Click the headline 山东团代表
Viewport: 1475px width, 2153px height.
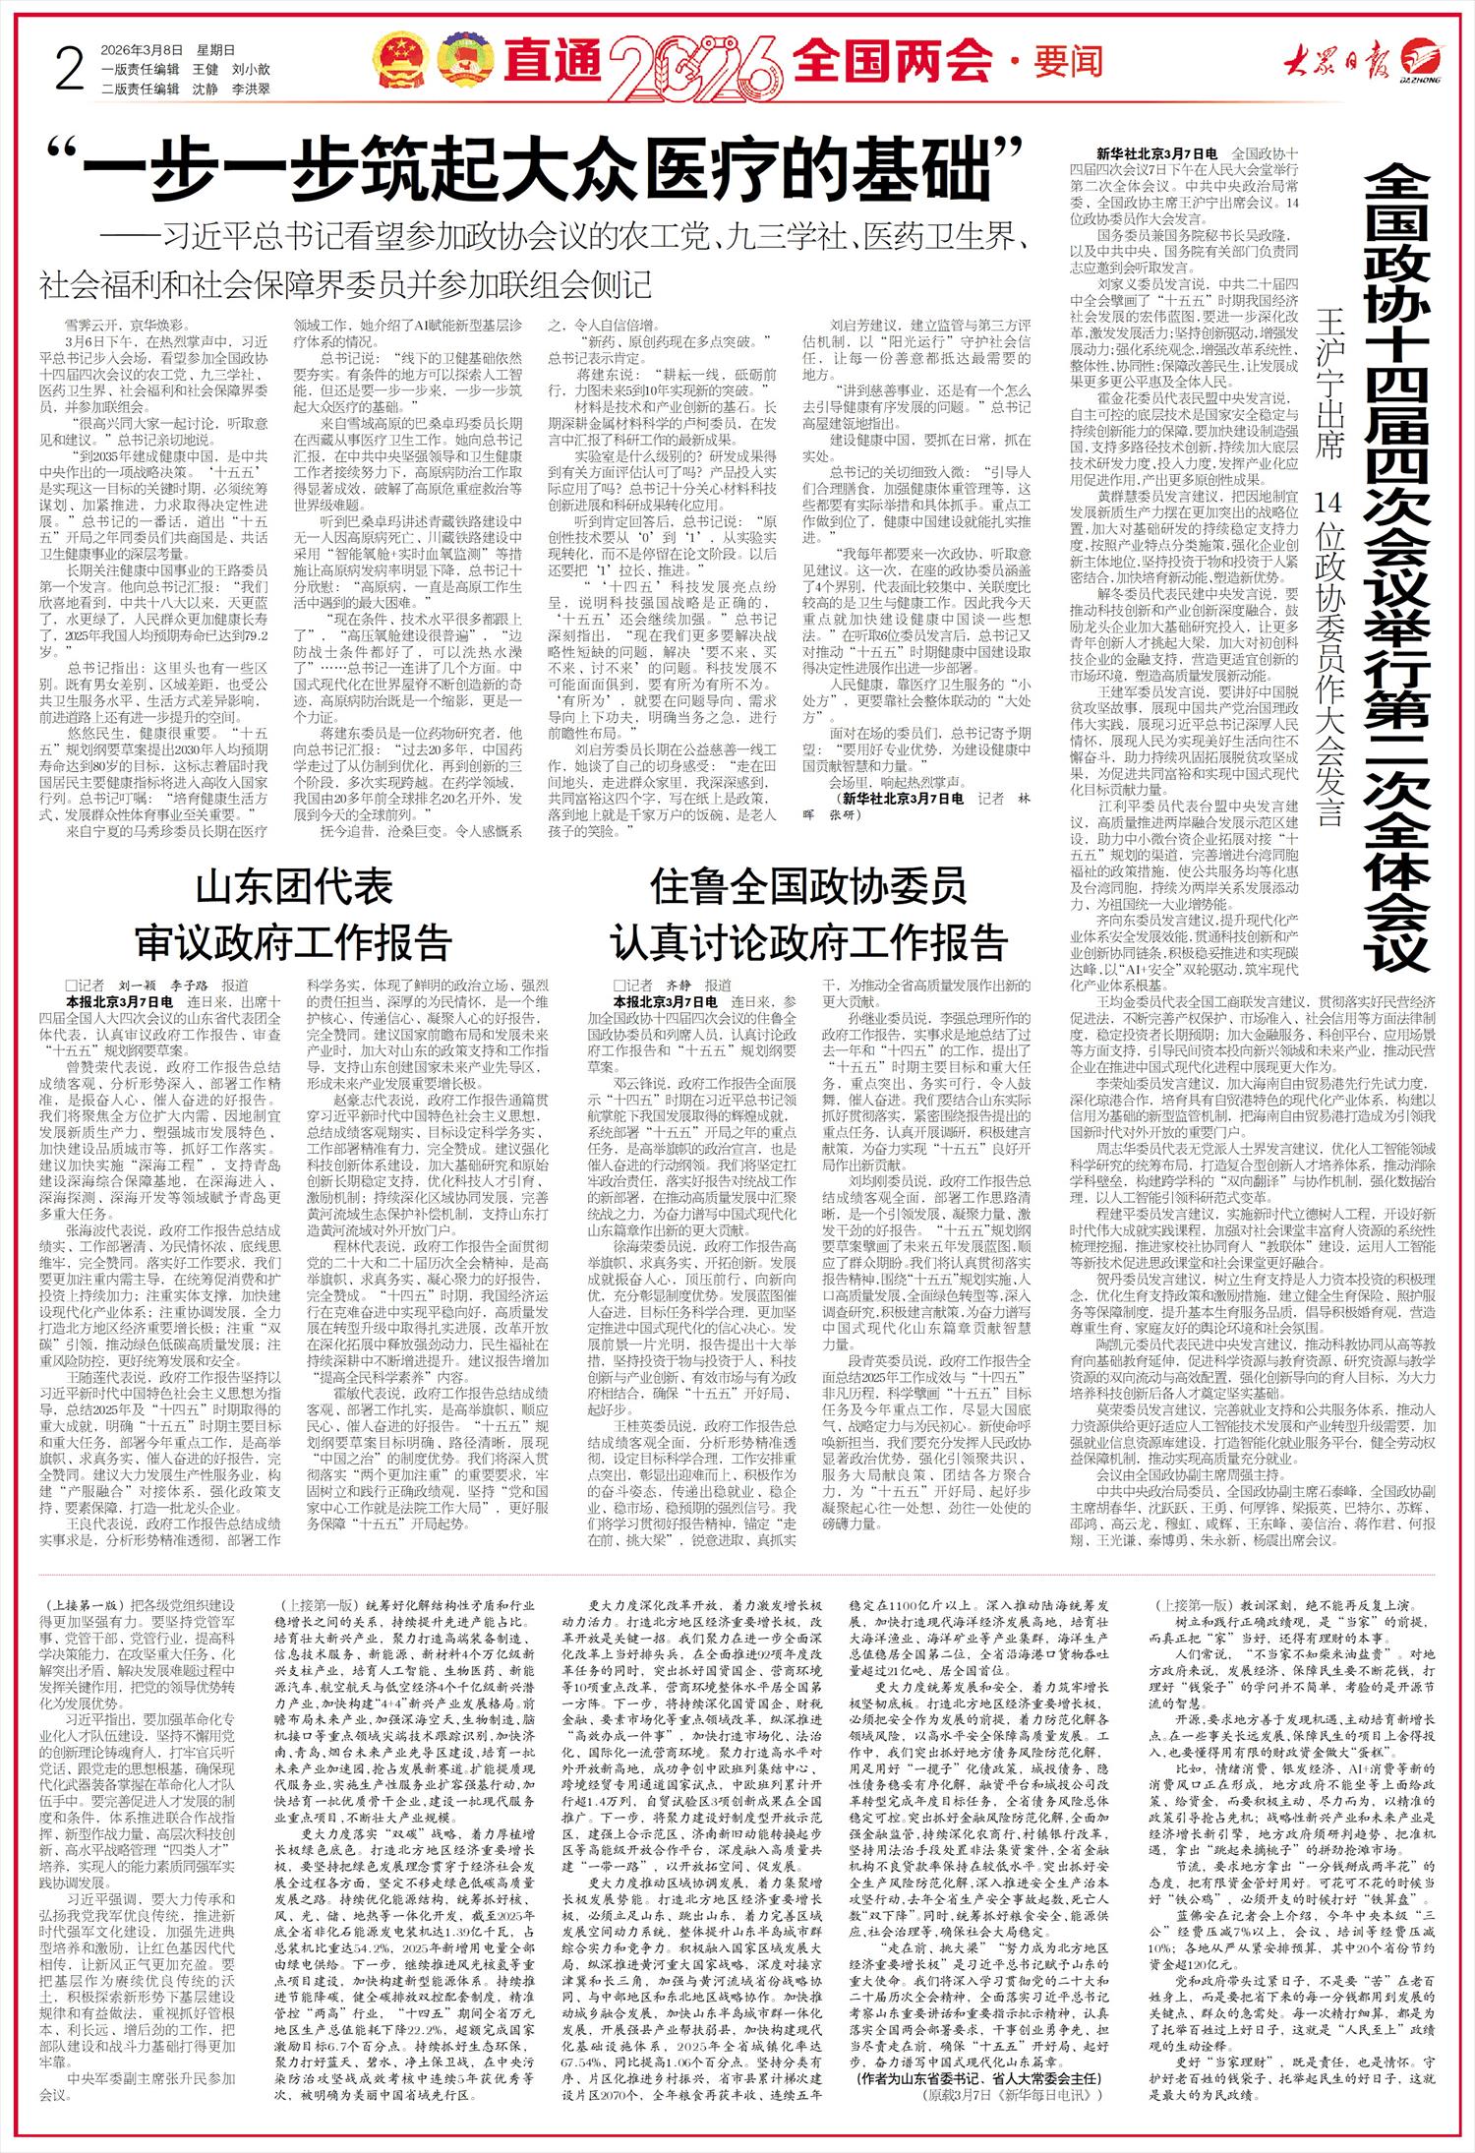[294, 889]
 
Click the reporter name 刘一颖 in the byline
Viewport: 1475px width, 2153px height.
[138, 985]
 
